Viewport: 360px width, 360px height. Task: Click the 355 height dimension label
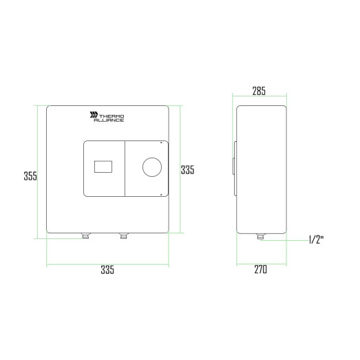tap(30, 176)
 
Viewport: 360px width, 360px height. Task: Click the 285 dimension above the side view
tap(259, 91)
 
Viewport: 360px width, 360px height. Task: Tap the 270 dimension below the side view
tap(261, 269)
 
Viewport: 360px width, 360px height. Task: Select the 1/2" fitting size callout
tap(316, 240)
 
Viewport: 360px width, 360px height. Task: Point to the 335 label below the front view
tap(107, 270)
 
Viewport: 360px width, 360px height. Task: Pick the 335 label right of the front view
tap(188, 170)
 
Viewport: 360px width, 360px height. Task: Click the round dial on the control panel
tap(152, 167)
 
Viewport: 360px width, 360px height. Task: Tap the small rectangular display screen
tap(103, 167)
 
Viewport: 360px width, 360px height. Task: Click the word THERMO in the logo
tap(112, 116)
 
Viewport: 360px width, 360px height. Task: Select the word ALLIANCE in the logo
tap(109, 120)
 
